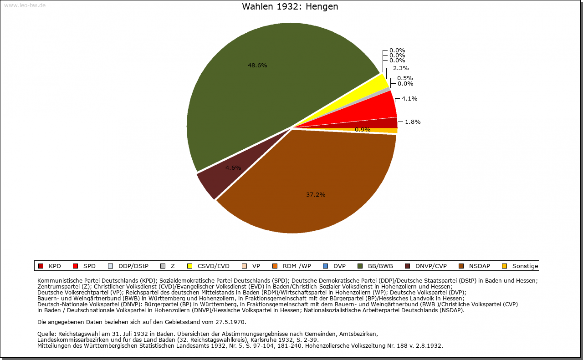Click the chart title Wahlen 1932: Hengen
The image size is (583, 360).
coord(290,7)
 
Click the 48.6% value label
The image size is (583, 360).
coord(257,65)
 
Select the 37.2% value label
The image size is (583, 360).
coord(316,194)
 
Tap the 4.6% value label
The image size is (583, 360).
coord(233,167)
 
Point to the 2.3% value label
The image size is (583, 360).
coord(401,68)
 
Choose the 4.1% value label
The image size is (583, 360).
coord(409,98)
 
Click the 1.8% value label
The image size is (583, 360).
coord(413,122)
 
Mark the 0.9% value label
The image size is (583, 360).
coord(363,129)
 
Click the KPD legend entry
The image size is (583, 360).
coord(50,266)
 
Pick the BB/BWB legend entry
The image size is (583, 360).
coord(375,266)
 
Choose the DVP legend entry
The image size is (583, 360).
coord(334,266)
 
